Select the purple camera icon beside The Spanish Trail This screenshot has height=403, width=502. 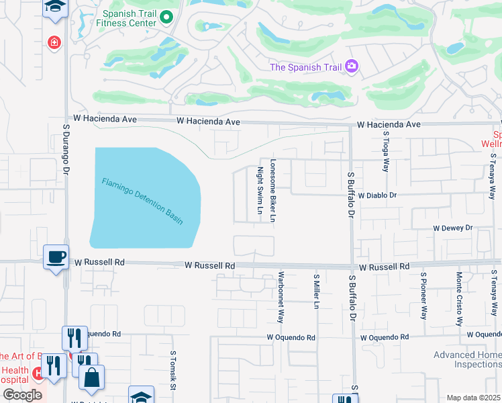click(352, 66)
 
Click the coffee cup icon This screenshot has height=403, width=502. click(56, 256)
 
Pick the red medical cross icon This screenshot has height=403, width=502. click(54, 42)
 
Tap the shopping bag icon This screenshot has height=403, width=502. click(91, 377)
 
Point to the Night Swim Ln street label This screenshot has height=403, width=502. click(260, 191)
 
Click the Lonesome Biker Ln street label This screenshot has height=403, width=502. click(273, 191)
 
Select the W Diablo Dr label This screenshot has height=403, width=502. click(378, 195)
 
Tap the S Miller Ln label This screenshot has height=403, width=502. click(315, 291)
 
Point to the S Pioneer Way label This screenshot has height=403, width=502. click(423, 296)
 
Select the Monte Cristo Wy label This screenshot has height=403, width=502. click(460, 298)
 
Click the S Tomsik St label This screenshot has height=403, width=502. click(173, 370)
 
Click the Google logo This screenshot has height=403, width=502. click(22, 395)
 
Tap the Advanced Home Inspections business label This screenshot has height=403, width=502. click(466, 359)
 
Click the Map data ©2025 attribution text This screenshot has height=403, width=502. click(473, 398)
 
